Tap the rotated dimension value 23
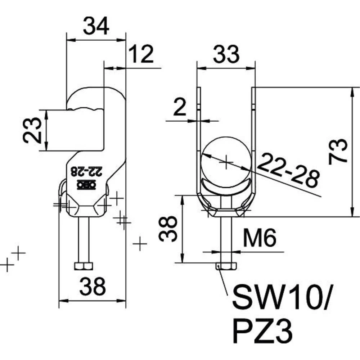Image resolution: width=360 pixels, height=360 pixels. (31, 130)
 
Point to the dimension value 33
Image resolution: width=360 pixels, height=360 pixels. (226, 54)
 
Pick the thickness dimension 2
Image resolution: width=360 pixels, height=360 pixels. (180, 108)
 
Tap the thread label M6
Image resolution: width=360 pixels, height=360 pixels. (259, 238)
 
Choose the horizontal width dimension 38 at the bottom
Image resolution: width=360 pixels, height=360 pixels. (92, 287)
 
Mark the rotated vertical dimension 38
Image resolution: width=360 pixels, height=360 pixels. (168, 229)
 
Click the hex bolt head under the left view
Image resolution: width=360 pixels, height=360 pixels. (83, 266)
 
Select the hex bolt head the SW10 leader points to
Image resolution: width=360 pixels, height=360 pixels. (226, 266)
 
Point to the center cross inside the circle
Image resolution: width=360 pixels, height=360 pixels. (226, 162)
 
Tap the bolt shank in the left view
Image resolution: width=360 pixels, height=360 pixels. (83, 239)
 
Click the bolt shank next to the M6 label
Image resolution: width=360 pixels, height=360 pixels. (226, 239)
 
